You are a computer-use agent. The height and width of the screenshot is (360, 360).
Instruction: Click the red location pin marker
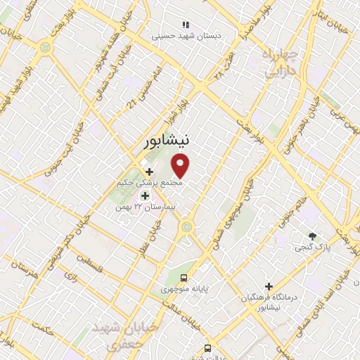tap(181, 166)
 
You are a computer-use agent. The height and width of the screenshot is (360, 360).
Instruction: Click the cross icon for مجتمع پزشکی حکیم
tap(149, 172)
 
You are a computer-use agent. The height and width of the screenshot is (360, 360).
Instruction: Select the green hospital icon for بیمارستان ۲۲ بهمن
tap(145, 196)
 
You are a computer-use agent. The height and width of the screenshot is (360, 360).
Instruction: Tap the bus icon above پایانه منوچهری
tap(184, 277)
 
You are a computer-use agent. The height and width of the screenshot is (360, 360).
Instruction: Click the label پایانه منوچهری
tap(184, 289)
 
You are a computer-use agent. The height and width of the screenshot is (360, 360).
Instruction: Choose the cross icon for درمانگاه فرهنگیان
tap(269, 286)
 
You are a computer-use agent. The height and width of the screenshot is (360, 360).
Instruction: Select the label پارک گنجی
tap(311, 247)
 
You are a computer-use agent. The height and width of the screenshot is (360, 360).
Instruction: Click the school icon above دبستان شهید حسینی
tap(186, 24)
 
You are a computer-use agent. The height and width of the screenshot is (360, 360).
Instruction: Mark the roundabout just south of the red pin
tap(187, 226)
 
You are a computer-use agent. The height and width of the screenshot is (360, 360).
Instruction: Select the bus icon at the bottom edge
tap(207, 347)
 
